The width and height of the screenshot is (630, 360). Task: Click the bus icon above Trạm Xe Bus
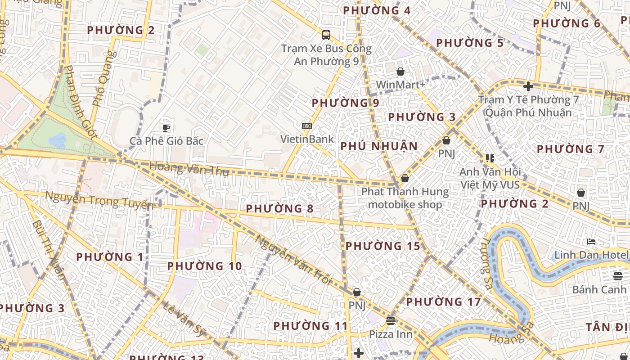pyautogui.click(x=326, y=35)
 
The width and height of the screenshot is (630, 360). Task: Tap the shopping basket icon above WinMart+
pyautogui.click(x=400, y=72)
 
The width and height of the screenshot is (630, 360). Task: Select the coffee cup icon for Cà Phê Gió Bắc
pyautogui.click(x=166, y=128)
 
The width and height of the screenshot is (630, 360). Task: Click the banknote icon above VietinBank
pyautogui.click(x=307, y=126)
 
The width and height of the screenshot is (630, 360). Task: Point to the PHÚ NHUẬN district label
pyautogui.click(x=379, y=146)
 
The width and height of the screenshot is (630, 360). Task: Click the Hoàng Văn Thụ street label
pyautogui.click(x=189, y=169)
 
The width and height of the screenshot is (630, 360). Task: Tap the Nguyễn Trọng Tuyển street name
pyautogui.click(x=99, y=200)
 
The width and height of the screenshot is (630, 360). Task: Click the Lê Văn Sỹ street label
pyautogui.click(x=184, y=320)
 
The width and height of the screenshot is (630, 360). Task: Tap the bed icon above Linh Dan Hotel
pyautogui.click(x=591, y=242)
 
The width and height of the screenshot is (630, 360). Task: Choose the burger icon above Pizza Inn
pyautogui.click(x=390, y=321)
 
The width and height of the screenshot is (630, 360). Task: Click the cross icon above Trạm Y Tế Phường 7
pyautogui.click(x=528, y=86)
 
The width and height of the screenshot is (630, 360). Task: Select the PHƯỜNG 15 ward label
pyautogui.click(x=382, y=246)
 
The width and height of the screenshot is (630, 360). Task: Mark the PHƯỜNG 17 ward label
pyautogui.click(x=444, y=301)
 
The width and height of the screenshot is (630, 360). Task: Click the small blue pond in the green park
pyautogui.click(x=58, y=140)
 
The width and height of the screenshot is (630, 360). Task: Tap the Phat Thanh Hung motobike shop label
pyautogui.click(x=405, y=198)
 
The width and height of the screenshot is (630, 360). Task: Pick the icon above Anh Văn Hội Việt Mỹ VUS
pyautogui.click(x=490, y=158)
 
